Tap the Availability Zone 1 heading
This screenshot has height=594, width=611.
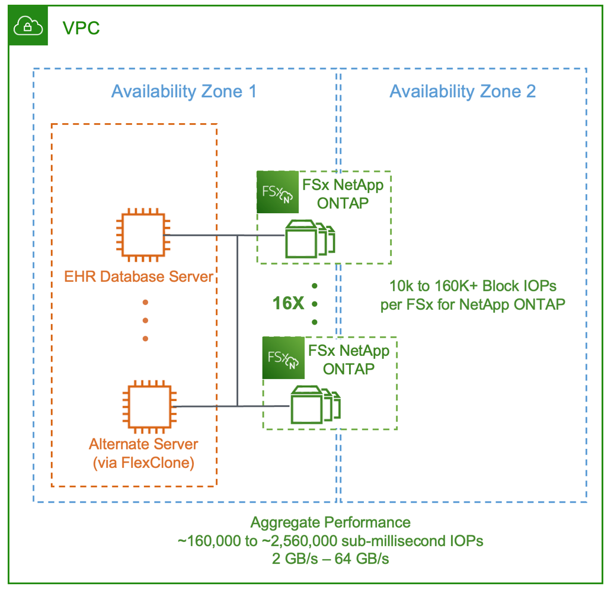[x=184, y=91]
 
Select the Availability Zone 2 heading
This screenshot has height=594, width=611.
[x=462, y=91]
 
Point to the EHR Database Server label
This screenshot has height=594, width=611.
[x=139, y=276]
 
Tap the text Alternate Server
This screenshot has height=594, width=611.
[x=143, y=444]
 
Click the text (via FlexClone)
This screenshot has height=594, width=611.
[x=143, y=463]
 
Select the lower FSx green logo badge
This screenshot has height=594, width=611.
[x=284, y=358]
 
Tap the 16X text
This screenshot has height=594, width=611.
[x=288, y=304]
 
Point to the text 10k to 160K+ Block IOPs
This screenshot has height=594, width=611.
[x=473, y=285]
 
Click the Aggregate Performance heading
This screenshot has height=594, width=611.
[x=330, y=522]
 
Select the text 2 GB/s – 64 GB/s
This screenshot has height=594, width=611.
[x=330, y=557]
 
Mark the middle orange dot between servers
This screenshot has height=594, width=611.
[x=145, y=320]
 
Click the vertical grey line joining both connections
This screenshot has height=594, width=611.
[x=237, y=320]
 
